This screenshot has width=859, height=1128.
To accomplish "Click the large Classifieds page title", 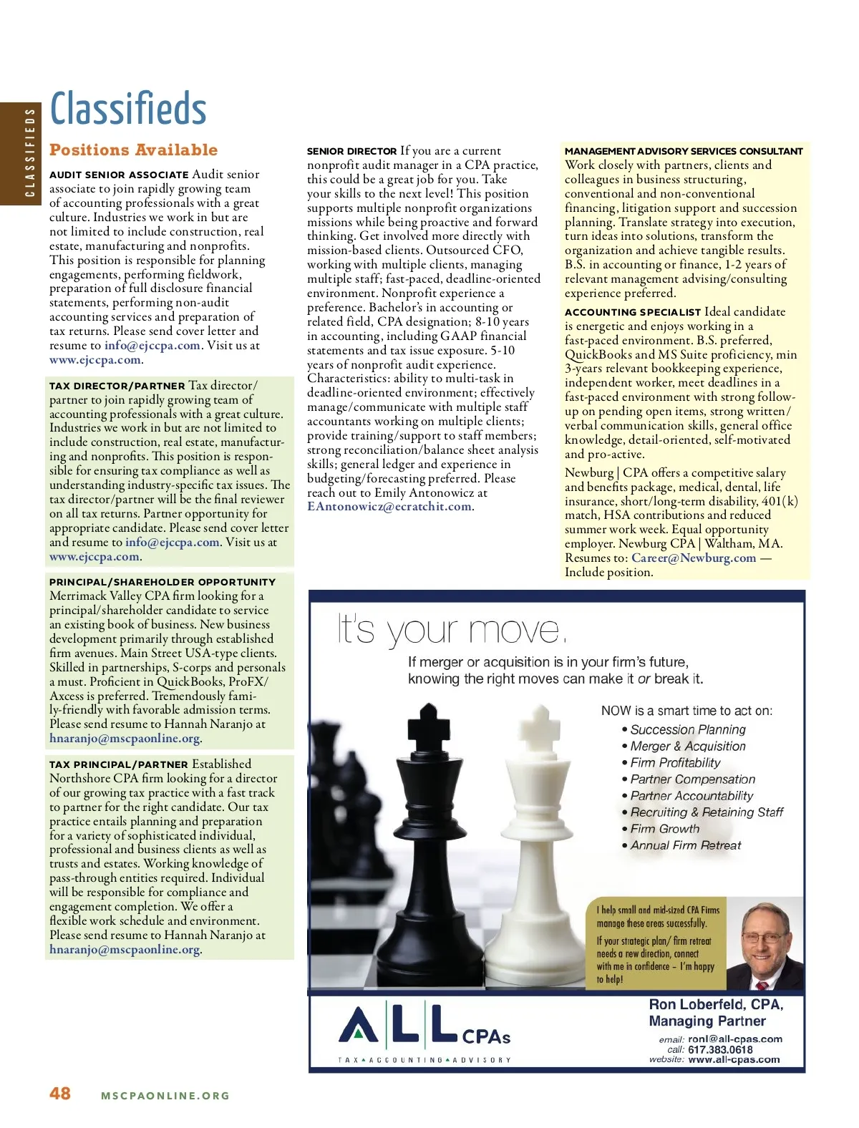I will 128,109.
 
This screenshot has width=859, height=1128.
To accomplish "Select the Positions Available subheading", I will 133,150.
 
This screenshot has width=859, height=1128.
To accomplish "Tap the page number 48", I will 60,1093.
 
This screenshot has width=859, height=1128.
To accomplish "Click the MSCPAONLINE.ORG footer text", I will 165,1095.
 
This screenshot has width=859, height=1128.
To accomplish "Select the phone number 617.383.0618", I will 720,1049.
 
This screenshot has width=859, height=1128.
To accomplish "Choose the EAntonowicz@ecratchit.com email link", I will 389,507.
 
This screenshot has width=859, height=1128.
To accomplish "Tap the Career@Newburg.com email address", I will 693,558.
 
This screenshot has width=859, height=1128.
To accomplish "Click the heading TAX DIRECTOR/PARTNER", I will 117,386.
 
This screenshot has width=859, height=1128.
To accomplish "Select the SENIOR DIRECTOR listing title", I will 351,152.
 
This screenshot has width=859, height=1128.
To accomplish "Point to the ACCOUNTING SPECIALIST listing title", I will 633,312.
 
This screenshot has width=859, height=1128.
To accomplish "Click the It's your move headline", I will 452,631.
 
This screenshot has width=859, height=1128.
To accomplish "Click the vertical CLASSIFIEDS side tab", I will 29,152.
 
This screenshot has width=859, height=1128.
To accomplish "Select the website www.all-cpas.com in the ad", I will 734,1060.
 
